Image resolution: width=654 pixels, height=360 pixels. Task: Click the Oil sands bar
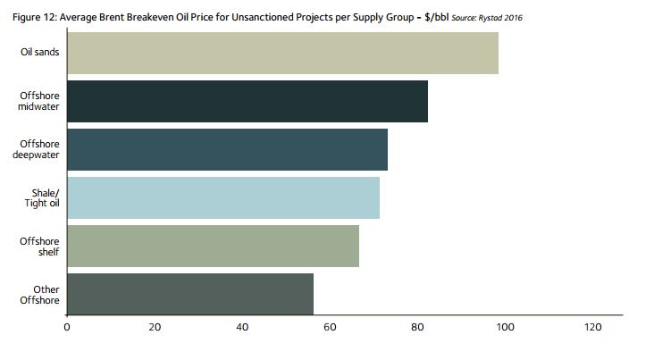[282, 54]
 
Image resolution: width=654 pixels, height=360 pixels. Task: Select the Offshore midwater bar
[247, 102]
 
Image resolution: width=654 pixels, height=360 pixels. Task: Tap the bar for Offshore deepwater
[227, 150]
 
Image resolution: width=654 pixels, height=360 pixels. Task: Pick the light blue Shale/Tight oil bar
[223, 198]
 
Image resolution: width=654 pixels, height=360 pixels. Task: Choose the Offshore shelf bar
[213, 247]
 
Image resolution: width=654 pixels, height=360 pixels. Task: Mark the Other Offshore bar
[190, 295]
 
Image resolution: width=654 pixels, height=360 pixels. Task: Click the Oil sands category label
[40, 53]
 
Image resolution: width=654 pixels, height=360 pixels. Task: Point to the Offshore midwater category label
[39, 101]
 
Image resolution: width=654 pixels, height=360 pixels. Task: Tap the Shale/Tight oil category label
[42, 198]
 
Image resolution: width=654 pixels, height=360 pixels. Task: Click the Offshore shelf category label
[40, 247]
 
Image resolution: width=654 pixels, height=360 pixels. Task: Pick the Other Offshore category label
[40, 295]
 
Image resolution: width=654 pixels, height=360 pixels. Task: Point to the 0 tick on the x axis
[67, 328]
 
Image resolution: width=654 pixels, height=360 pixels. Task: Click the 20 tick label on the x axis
[155, 328]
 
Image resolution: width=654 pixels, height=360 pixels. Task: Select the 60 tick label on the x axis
[330, 328]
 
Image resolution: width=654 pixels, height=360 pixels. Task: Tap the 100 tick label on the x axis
[505, 328]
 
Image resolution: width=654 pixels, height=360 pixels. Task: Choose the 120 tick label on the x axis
[592, 328]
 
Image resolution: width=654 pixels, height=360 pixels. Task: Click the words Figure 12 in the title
[30, 17]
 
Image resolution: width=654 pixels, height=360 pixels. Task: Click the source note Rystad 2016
[503, 18]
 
